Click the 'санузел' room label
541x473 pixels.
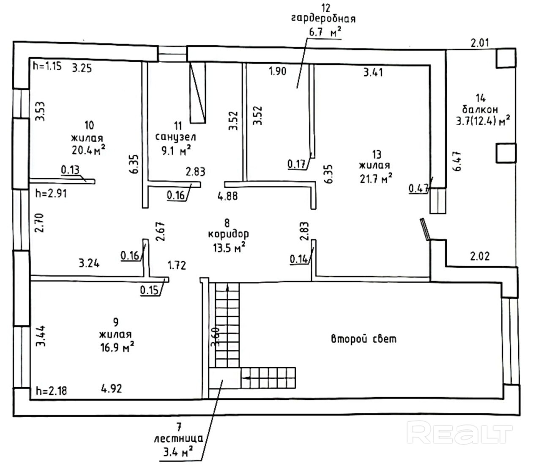[x=175, y=137]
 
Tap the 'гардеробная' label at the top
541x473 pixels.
[x=323, y=19]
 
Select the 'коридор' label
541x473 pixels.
[x=229, y=234]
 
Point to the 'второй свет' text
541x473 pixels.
[x=363, y=339]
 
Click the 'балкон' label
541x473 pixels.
[x=480, y=109]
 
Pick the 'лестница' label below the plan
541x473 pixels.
[x=179, y=439]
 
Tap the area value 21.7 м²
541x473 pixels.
[x=376, y=179]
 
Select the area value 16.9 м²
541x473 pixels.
[x=117, y=347]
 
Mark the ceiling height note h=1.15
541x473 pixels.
[x=47, y=66]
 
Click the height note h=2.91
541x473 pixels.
[x=51, y=194]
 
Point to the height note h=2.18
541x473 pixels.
[x=51, y=390]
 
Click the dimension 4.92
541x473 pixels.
[x=112, y=388]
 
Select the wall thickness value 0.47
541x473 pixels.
[x=418, y=189]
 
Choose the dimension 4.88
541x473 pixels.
[x=228, y=196]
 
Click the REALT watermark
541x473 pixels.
[x=459, y=434]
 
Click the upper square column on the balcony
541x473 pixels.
[x=506, y=58]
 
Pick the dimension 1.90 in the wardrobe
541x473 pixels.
[x=278, y=71]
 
